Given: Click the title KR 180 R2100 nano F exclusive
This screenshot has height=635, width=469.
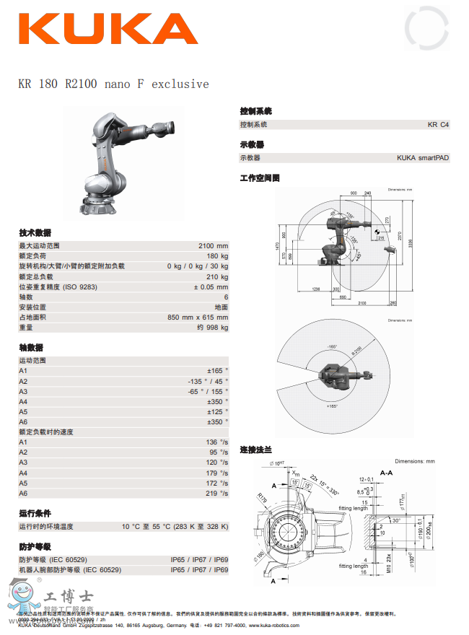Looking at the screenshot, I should (x=113, y=84).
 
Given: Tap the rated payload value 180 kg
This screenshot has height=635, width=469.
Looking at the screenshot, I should (x=217, y=256).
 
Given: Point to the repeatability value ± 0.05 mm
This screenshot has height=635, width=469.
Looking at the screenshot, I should (x=211, y=287).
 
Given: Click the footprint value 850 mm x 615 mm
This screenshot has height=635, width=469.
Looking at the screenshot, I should (x=198, y=317).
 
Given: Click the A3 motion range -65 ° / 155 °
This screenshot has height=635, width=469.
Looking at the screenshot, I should (x=208, y=391).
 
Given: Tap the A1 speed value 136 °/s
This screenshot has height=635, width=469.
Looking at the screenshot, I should (x=216, y=442).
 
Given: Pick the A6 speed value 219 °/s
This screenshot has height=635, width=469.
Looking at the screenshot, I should (x=216, y=493).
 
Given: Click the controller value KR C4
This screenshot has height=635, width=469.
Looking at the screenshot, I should (x=438, y=125).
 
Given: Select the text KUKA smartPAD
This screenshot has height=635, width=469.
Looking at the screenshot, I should (x=423, y=158).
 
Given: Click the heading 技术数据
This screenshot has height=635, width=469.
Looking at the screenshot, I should (x=35, y=232).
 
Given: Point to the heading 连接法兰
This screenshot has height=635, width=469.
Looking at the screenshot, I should (x=256, y=450).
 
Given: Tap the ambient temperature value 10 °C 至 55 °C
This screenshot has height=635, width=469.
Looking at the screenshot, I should (x=175, y=527).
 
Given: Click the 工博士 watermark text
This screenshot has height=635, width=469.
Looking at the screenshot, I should (x=68, y=597).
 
